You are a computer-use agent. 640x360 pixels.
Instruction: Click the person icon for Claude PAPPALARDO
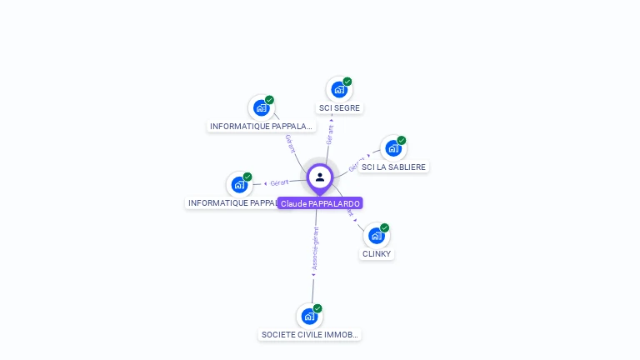pyautogui.click(x=320, y=177)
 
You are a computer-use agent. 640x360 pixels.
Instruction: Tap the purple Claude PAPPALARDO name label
pyautogui.click(x=320, y=203)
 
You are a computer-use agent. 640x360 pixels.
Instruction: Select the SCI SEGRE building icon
pyautogui.click(x=338, y=89)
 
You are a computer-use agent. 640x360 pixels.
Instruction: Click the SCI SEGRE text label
pyautogui.click(x=340, y=108)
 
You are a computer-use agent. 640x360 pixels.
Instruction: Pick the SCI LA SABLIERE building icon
pyautogui.click(x=392, y=148)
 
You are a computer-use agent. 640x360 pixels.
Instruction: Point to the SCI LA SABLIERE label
pyautogui.click(x=393, y=167)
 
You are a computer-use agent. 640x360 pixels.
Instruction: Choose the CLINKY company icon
pyautogui.click(x=376, y=235)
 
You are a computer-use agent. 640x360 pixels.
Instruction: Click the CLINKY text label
pyautogui.click(x=377, y=254)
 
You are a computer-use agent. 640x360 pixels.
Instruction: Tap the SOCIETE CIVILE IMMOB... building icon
pyautogui.click(x=309, y=316)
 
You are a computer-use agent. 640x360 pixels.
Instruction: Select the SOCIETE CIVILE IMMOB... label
pyautogui.click(x=310, y=335)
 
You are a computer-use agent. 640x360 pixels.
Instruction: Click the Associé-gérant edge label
pyautogui.click(x=315, y=248)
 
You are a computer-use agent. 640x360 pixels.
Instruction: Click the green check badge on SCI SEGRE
pyautogui.click(x=347, y=82)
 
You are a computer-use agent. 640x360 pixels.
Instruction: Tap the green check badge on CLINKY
pyautogui.click(x=385, y=227)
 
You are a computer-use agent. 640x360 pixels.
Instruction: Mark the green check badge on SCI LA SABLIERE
pyautogui.click(x=402, y=141)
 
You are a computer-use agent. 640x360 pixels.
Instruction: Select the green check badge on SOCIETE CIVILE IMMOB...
pyautogui.click(x=317, y=308)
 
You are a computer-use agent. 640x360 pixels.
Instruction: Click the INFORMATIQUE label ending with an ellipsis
pyautogui.click(x=262, y=127)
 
